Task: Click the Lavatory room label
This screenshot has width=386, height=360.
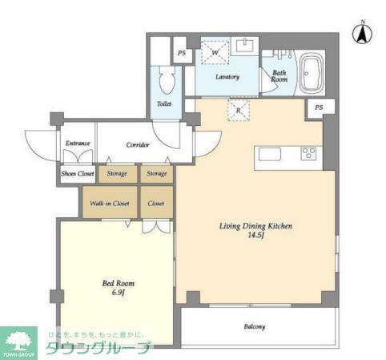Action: click(228, 77)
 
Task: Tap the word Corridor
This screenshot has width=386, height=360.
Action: click(139, 145)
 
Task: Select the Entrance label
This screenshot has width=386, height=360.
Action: click(77, 144)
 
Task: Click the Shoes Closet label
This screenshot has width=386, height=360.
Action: click(77, 173)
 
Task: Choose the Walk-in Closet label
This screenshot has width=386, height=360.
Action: click(109, 203)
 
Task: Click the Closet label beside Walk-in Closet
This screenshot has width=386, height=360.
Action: click(156, 203)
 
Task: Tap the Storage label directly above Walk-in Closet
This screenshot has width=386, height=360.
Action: click(117, 173)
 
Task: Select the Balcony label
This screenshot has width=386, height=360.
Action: click(255, 327)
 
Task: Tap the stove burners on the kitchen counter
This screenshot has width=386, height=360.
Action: click(309, 153)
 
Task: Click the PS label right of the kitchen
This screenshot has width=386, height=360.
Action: click(320, 107)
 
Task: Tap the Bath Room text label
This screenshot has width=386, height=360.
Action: click(279, 75)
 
